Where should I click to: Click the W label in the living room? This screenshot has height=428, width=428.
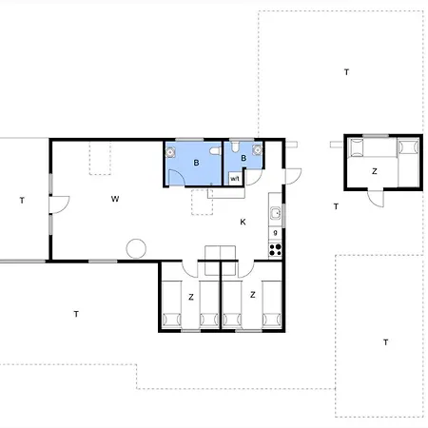(x=115, y=199)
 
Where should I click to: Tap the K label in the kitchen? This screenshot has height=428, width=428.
(x=243, y=222)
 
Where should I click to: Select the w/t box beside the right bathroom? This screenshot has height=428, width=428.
(x=235, y=179)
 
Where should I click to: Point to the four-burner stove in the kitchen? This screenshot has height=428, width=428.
(x=275, y=250)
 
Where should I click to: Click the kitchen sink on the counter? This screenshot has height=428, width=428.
(x=275, y=213)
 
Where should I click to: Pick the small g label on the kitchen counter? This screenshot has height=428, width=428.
(x=275, y=232)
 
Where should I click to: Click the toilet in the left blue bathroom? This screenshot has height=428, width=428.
(x=215, y=151)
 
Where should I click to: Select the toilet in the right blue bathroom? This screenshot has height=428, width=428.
(x=235, y=146)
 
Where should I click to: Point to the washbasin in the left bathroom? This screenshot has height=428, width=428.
(x=170, y=152)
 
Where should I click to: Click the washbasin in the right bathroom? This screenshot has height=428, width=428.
(x=258, y=149)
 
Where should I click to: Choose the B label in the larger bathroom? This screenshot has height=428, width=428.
(x=196, y=163)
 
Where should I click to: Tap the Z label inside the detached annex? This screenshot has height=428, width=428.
(x=375, y=171)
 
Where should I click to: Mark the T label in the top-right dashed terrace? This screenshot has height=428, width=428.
(x=346, y=72)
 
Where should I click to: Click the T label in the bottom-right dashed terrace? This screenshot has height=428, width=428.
(x=386, y=342)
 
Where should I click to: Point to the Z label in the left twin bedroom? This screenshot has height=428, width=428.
(x=191, y=297)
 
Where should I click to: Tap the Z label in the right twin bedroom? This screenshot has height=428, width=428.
(x=253, y=295)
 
